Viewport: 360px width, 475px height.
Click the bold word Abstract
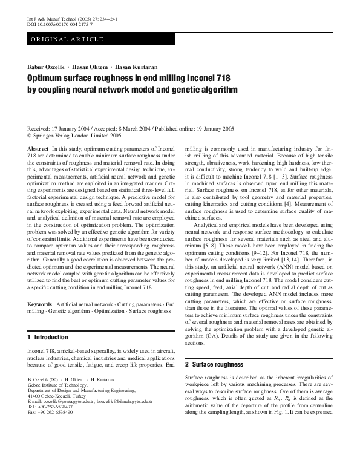[x=38, y=148]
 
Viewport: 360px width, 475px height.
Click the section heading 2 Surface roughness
[x=214, y=364]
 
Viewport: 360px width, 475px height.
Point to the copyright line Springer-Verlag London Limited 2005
[x=78, y=136]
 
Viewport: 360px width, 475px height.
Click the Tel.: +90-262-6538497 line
[x=50, y=407]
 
